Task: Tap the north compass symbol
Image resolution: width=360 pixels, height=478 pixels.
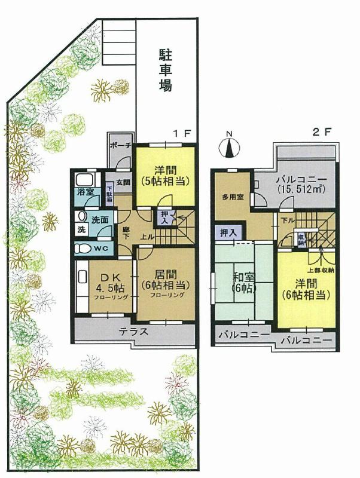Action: point(230,146)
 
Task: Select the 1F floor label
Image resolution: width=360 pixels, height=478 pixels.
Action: point(182,134)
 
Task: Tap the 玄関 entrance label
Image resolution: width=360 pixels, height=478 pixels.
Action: point(123,182)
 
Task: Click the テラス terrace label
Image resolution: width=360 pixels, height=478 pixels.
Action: point(135,333)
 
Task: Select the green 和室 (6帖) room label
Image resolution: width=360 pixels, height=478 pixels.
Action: point(243,281)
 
